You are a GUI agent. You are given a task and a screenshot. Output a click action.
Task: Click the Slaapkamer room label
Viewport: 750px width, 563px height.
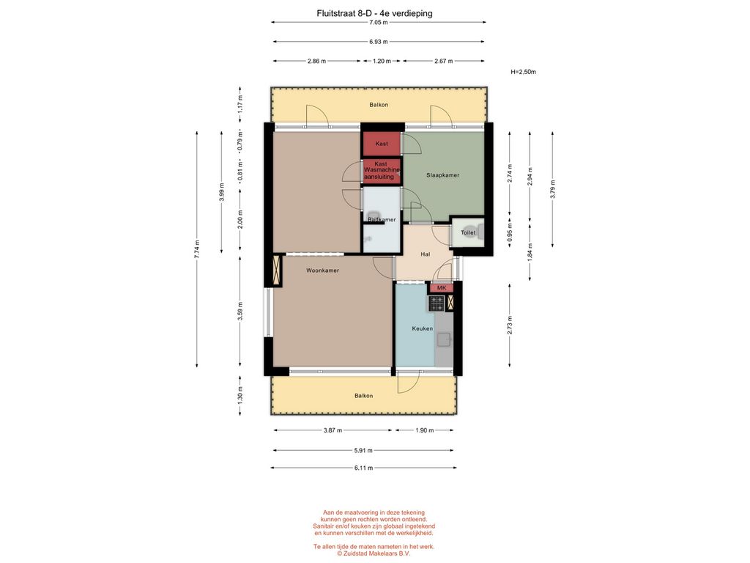[x=442, y=175]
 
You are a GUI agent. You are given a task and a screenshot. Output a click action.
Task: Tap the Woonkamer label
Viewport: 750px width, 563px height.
[x=322, y=271]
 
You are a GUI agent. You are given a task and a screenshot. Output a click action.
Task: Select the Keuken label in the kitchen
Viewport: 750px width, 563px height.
[x=423, y=328]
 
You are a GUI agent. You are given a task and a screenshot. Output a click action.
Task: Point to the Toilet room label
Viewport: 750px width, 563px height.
[x=468, y=232]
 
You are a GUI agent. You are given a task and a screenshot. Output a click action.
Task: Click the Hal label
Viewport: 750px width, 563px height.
[x=426, y=254]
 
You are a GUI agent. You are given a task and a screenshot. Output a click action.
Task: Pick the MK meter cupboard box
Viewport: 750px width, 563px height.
[x=441, y=287]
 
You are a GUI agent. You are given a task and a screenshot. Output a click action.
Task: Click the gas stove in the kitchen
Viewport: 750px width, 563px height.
[x=437, y=303]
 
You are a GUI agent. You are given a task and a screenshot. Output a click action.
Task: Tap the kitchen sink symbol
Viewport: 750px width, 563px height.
[x=445, y=339]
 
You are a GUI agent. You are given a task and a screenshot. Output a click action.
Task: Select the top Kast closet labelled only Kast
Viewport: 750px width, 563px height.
[x=381, y=144]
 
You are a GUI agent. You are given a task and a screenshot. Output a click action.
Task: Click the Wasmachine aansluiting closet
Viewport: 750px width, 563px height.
[x=381, y=171]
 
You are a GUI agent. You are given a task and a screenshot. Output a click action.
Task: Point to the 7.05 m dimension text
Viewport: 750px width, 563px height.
[x=379, y=22]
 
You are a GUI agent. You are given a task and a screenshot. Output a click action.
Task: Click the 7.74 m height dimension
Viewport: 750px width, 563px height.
[x=196, y=249]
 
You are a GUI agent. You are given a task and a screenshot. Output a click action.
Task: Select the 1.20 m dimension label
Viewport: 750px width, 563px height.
[x=382, y=61]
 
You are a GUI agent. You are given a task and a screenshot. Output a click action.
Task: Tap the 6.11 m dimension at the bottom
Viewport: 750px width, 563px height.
[x=363, y=468]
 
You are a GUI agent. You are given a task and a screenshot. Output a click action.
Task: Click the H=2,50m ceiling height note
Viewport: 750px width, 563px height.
[x=523, y=73]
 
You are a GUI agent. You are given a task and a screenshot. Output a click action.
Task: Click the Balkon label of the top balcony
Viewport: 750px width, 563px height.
[x=379, y=105]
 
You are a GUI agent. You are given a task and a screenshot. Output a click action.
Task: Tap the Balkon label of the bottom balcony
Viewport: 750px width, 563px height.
[x=363, y=396]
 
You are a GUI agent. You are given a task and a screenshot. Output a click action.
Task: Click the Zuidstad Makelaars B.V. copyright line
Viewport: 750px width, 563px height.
[x=373, y=553]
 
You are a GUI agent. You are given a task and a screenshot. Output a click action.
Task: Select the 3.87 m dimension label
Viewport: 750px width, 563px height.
[x=333, y=430]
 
